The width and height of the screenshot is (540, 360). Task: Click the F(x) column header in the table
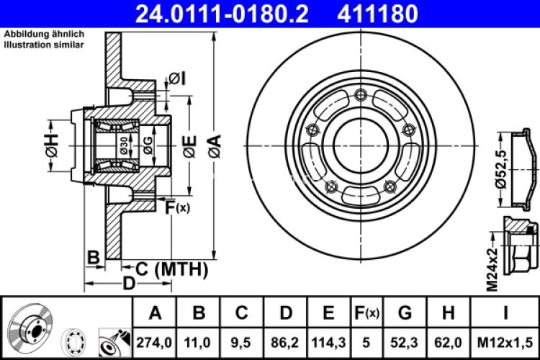pyautogui.click(x=366, y=313)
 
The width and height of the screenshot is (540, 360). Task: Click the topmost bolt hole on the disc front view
pyautogui.click(x=360, y=94)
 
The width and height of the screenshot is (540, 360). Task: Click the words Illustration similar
pyautogui.click(x=43, y=45)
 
